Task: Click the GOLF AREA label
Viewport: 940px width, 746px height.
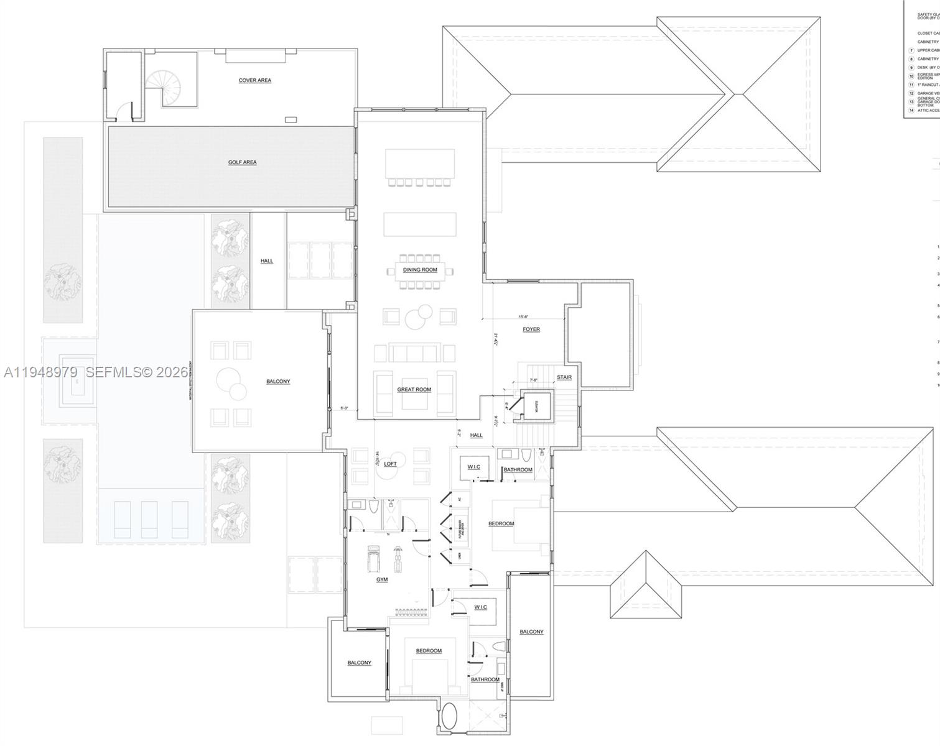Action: pyautogui.click(x=242, y=162)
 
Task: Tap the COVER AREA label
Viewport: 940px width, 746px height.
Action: pyautogui.click(x=254, y=80)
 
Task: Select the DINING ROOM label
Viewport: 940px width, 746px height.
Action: pyautogui.click(x=420, y=270)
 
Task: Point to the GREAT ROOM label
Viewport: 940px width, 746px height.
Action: pyautogui.click(x=414, y=390)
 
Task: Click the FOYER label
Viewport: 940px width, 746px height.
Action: pyautogui.click(x=531, y=329)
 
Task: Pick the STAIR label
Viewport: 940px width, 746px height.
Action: pyautogui.click(x=564, y=377)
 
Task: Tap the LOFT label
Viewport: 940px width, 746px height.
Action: pyautogui.click(x=390, y=464)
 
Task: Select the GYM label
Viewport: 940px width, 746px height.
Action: pyautogui.click(x=382, y=579)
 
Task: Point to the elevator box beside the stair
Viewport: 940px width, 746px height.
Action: pyautogui.click(x=536, y=407)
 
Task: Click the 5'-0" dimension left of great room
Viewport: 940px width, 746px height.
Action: pyautogui.click(x=345, y=408)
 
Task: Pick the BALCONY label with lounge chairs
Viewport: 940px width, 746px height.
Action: pyautogui.click(x=278, y=381)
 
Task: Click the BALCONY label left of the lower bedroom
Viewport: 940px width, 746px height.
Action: pyautogui.click(x=359, y=663)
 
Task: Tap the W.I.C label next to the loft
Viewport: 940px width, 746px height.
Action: pyautogui.click(x=473, y=467)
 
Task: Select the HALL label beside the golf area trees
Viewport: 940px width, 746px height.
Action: pyautogui.click(x=267, y=261)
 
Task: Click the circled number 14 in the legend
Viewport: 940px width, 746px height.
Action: pyautogui.click(x=911, y=110)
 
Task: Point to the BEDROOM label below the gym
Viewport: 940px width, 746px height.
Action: pyautogui.click(x=429, y=651)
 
